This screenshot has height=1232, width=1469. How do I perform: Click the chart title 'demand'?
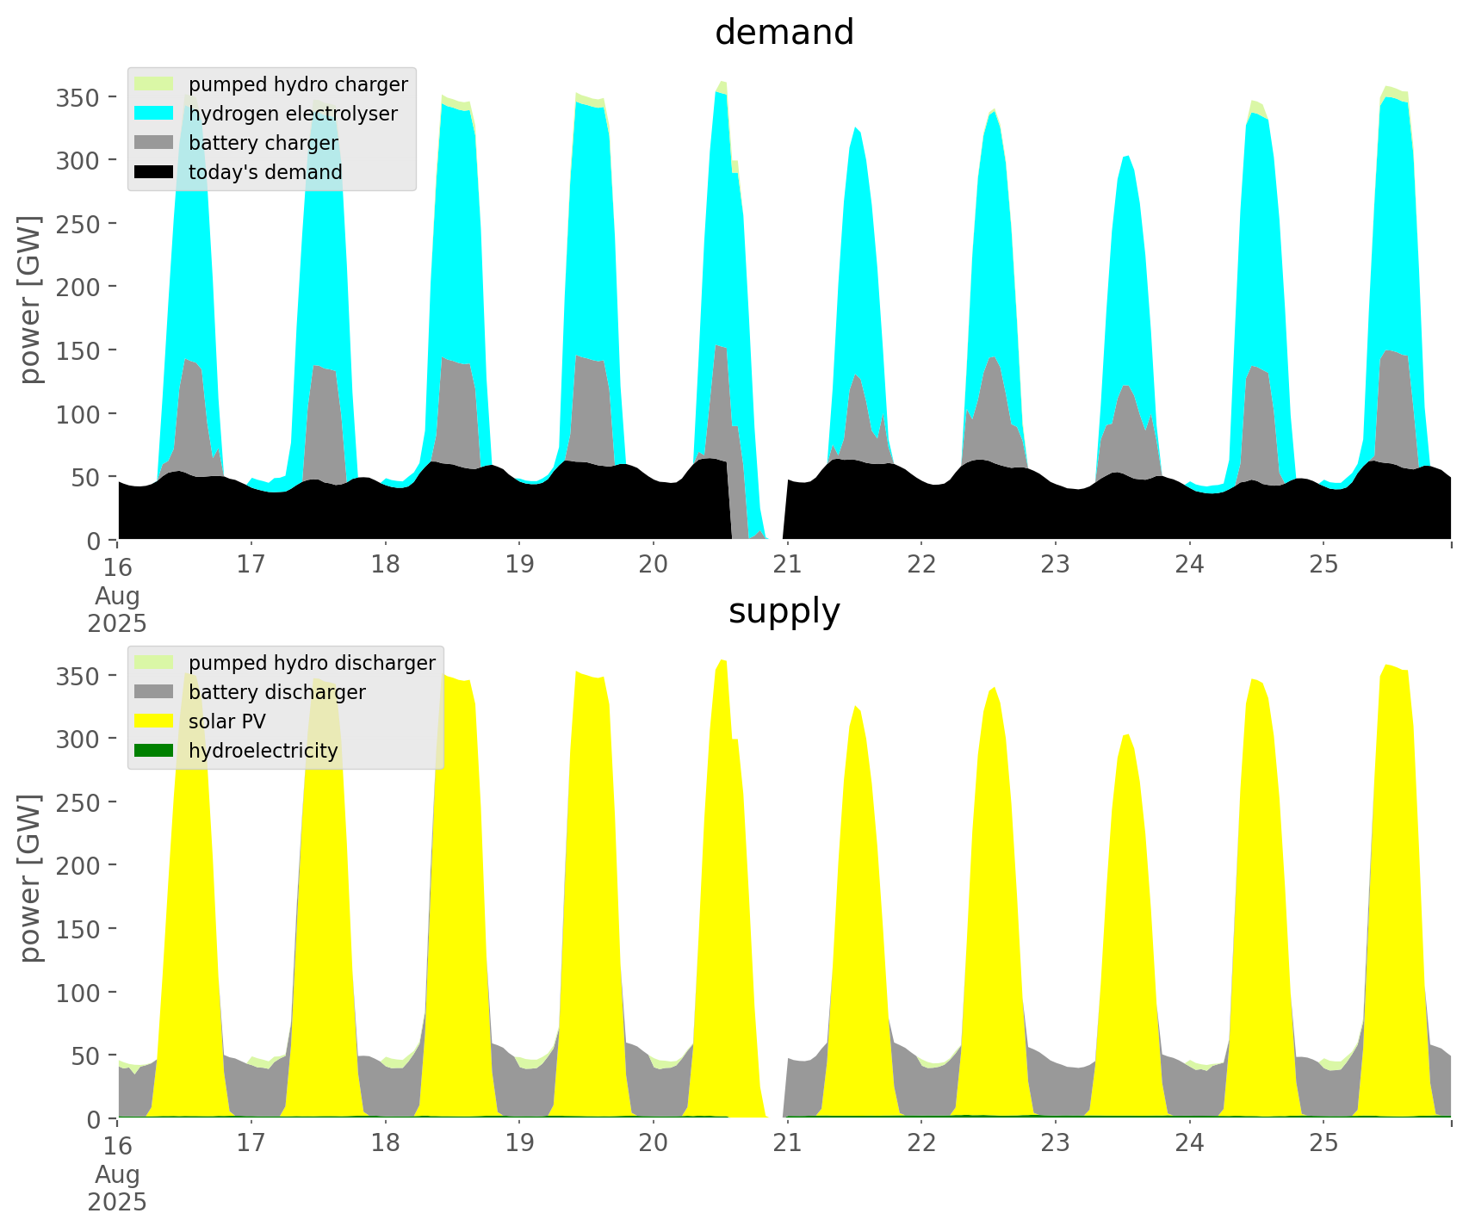click(x=784, y=33)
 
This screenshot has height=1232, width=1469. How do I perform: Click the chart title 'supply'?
click(x=784, y=611)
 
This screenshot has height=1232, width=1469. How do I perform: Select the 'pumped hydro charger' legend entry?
click(x=298, y=84)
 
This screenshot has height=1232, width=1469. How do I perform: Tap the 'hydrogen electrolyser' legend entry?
click(x=293, y=114)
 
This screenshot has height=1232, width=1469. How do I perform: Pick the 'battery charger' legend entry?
click(x=263, y=143)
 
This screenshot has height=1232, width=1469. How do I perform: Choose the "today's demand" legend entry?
click(x=265, y=172)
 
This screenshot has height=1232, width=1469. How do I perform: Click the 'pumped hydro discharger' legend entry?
click(x=312, y=663)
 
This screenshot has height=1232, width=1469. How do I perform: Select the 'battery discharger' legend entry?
click(x=276, y=692)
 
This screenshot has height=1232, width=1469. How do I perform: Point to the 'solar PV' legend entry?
click(x=227, y=721)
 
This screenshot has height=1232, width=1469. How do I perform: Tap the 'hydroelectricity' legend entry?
click(x=263, y=751)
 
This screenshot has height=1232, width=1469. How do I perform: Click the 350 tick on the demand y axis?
click(x=77, y=97)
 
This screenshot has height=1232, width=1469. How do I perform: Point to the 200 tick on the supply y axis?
click(x=77, y=865)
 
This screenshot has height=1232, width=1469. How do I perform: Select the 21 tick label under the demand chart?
click(x=787, y=565)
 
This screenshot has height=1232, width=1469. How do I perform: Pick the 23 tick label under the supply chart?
click(x=1056, y=1143)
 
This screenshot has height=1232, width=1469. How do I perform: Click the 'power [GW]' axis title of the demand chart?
click(x=31, y=300)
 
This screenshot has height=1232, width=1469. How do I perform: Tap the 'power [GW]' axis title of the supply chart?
click(x=31, y=878)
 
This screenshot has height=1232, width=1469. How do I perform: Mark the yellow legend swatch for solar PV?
click(x=154, y=721)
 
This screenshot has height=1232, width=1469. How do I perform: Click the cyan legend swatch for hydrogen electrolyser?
click(x=154, y=114)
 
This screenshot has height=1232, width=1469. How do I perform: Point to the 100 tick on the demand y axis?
click(x=77, y=414)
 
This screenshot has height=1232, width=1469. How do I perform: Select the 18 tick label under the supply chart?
click(x=386, y=1143)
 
